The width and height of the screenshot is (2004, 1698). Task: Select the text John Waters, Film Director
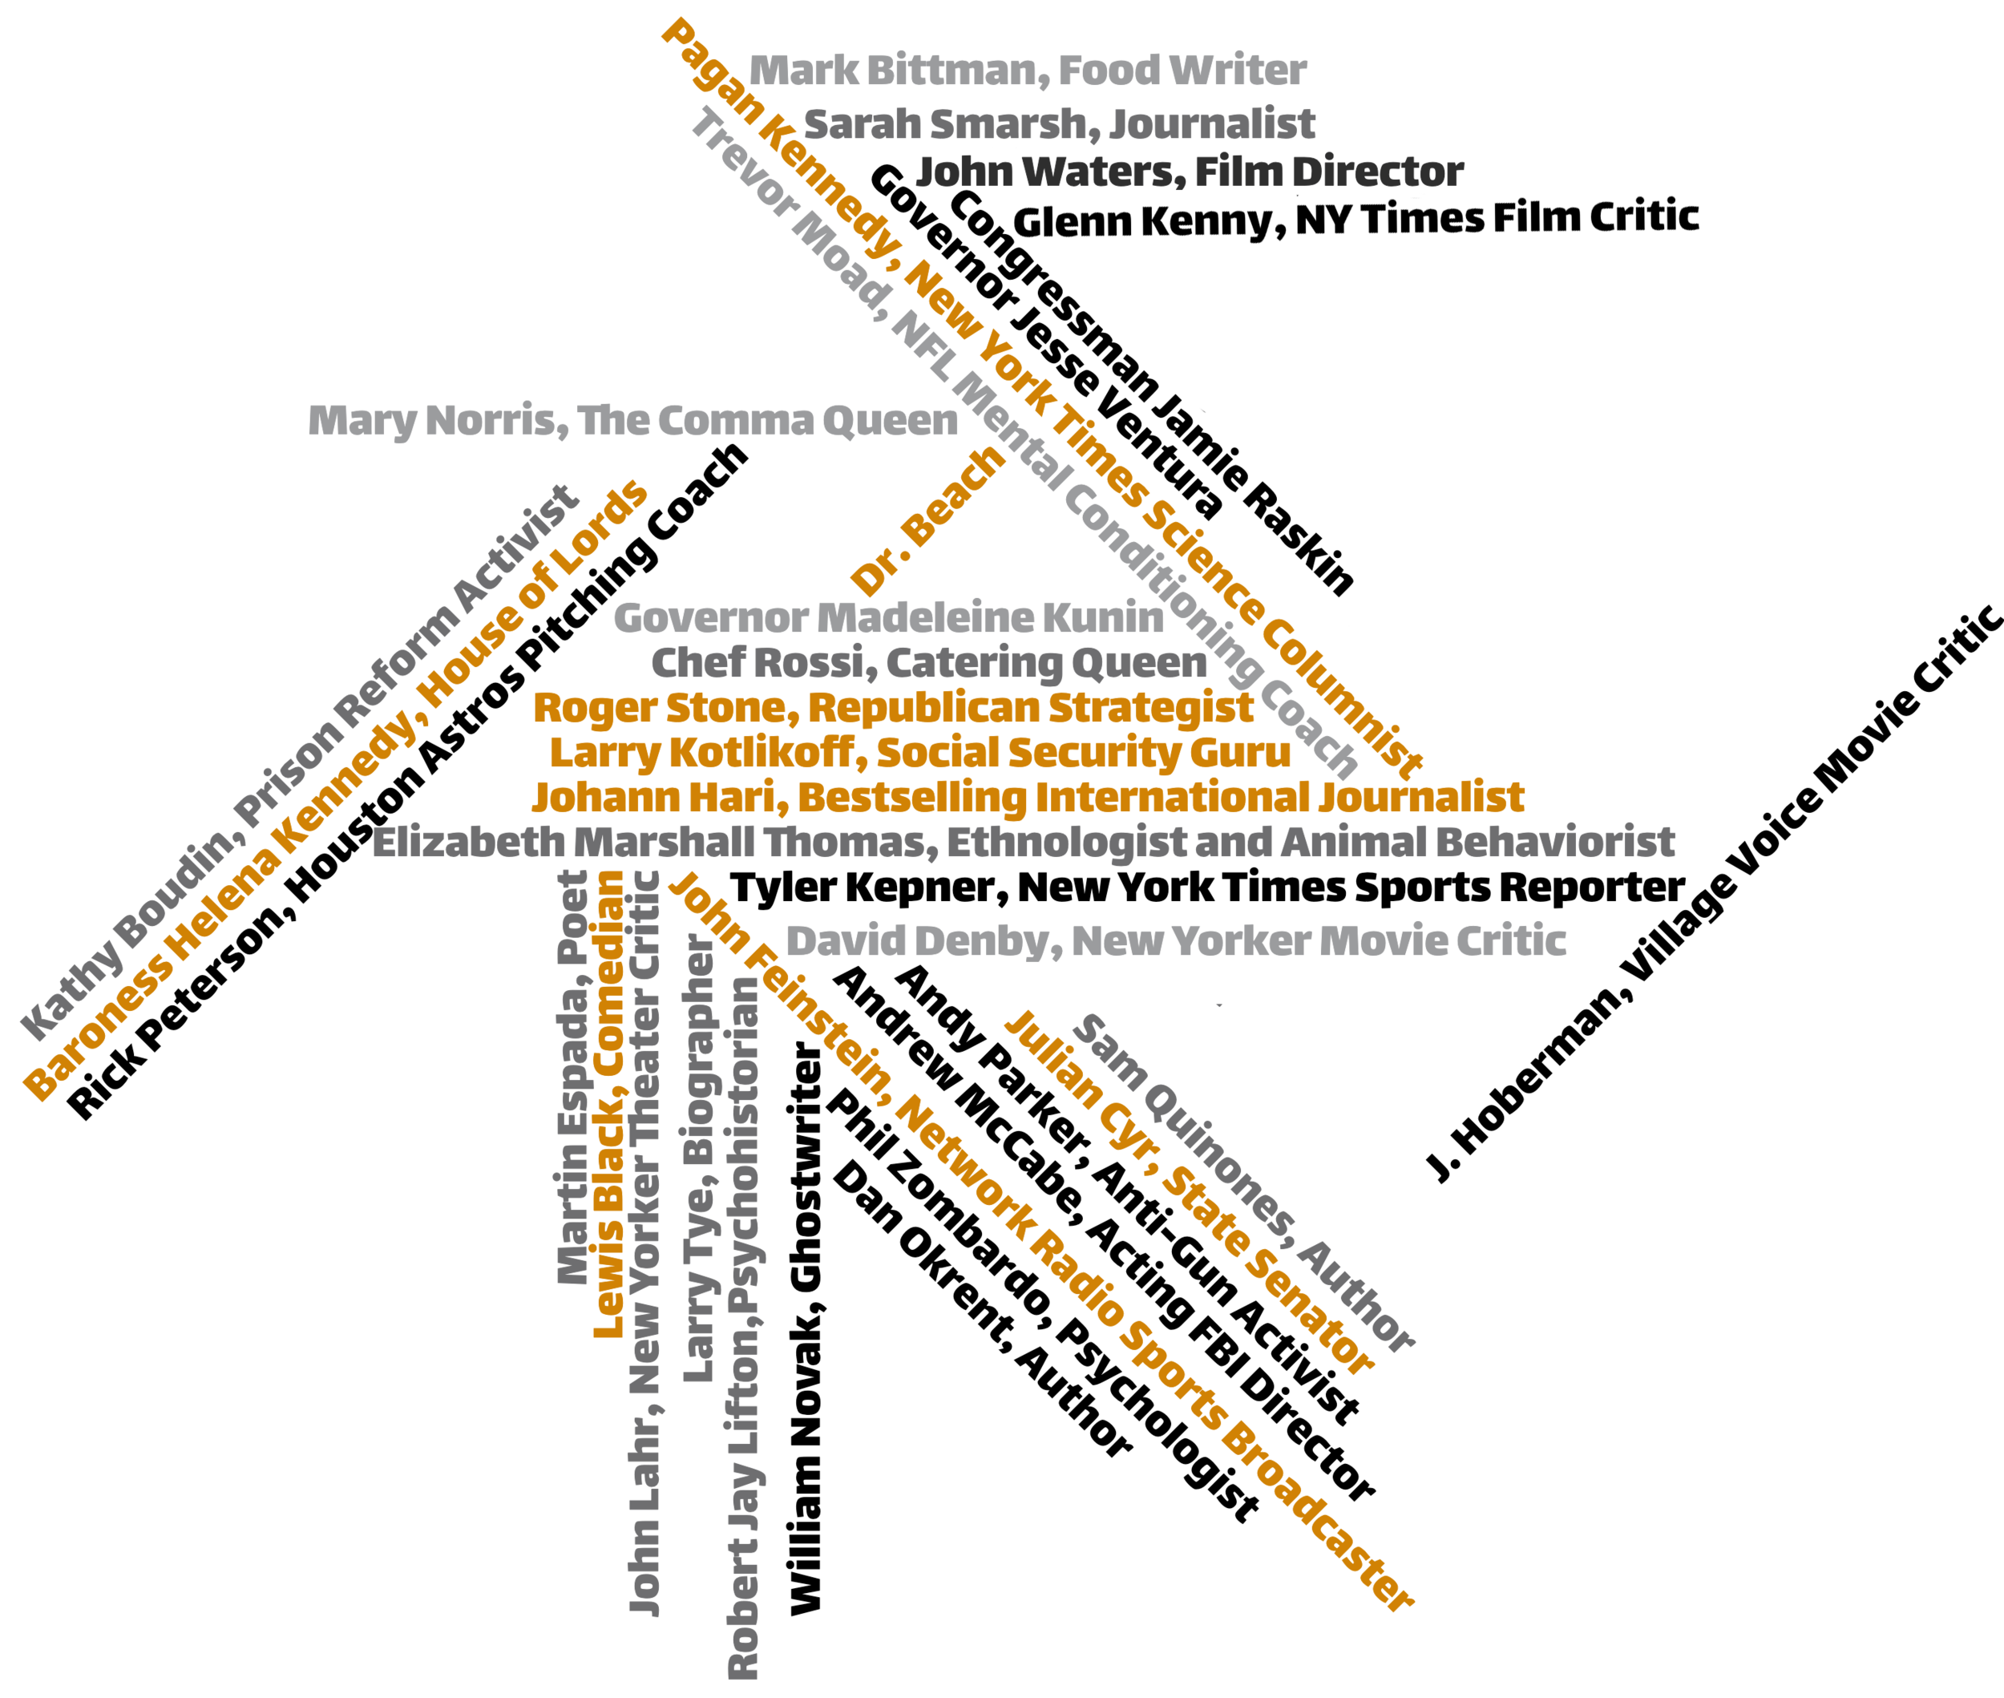click(1190, 172)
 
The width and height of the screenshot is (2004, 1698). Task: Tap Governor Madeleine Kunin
click(888, 618)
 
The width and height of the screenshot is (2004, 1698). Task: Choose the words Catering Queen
click(1046, 663)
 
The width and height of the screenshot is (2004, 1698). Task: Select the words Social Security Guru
click(1084, 753)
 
